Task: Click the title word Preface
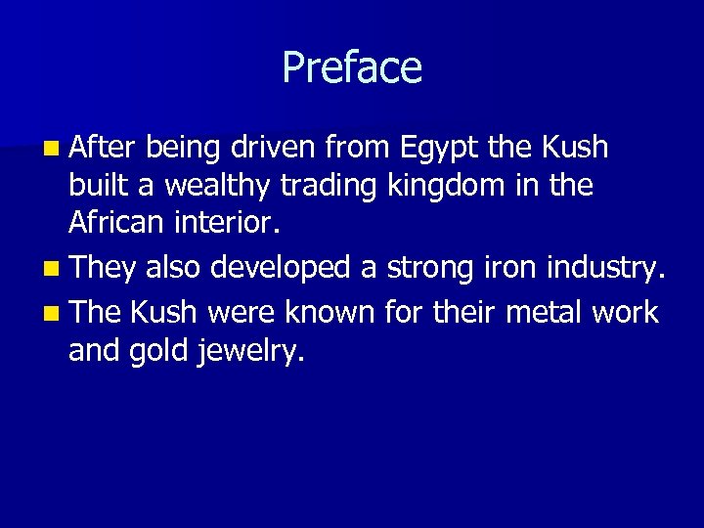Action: pyautogui.click(x=352, y=67)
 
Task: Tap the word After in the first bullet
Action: pyautogui.click(x=103, y=148)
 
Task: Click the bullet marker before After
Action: pyautogui.click(x=50, y=149)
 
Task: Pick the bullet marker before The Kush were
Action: pyautogui.click(x=50, y=313)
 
